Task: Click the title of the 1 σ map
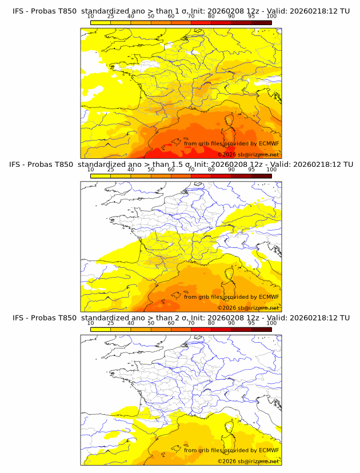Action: point(181,10)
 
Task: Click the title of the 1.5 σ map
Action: point(181,164)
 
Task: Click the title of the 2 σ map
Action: point(181,318)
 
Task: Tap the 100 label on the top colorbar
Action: point(271,16)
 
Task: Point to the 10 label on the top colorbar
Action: point(90,16)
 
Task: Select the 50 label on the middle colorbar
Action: point(151,170)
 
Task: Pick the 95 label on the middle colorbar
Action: point(251,170)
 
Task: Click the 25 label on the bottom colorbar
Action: point(110,323)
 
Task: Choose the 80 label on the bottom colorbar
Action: point(211,323)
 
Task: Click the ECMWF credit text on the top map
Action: point(231,143)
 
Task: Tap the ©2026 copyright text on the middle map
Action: point(248,308)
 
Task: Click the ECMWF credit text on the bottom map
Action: point(231,450)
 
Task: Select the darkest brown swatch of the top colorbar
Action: point(261,22)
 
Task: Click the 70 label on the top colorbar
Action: point(191,16)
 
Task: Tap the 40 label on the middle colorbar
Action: point(131,170)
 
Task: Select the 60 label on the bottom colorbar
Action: point(171,323)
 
